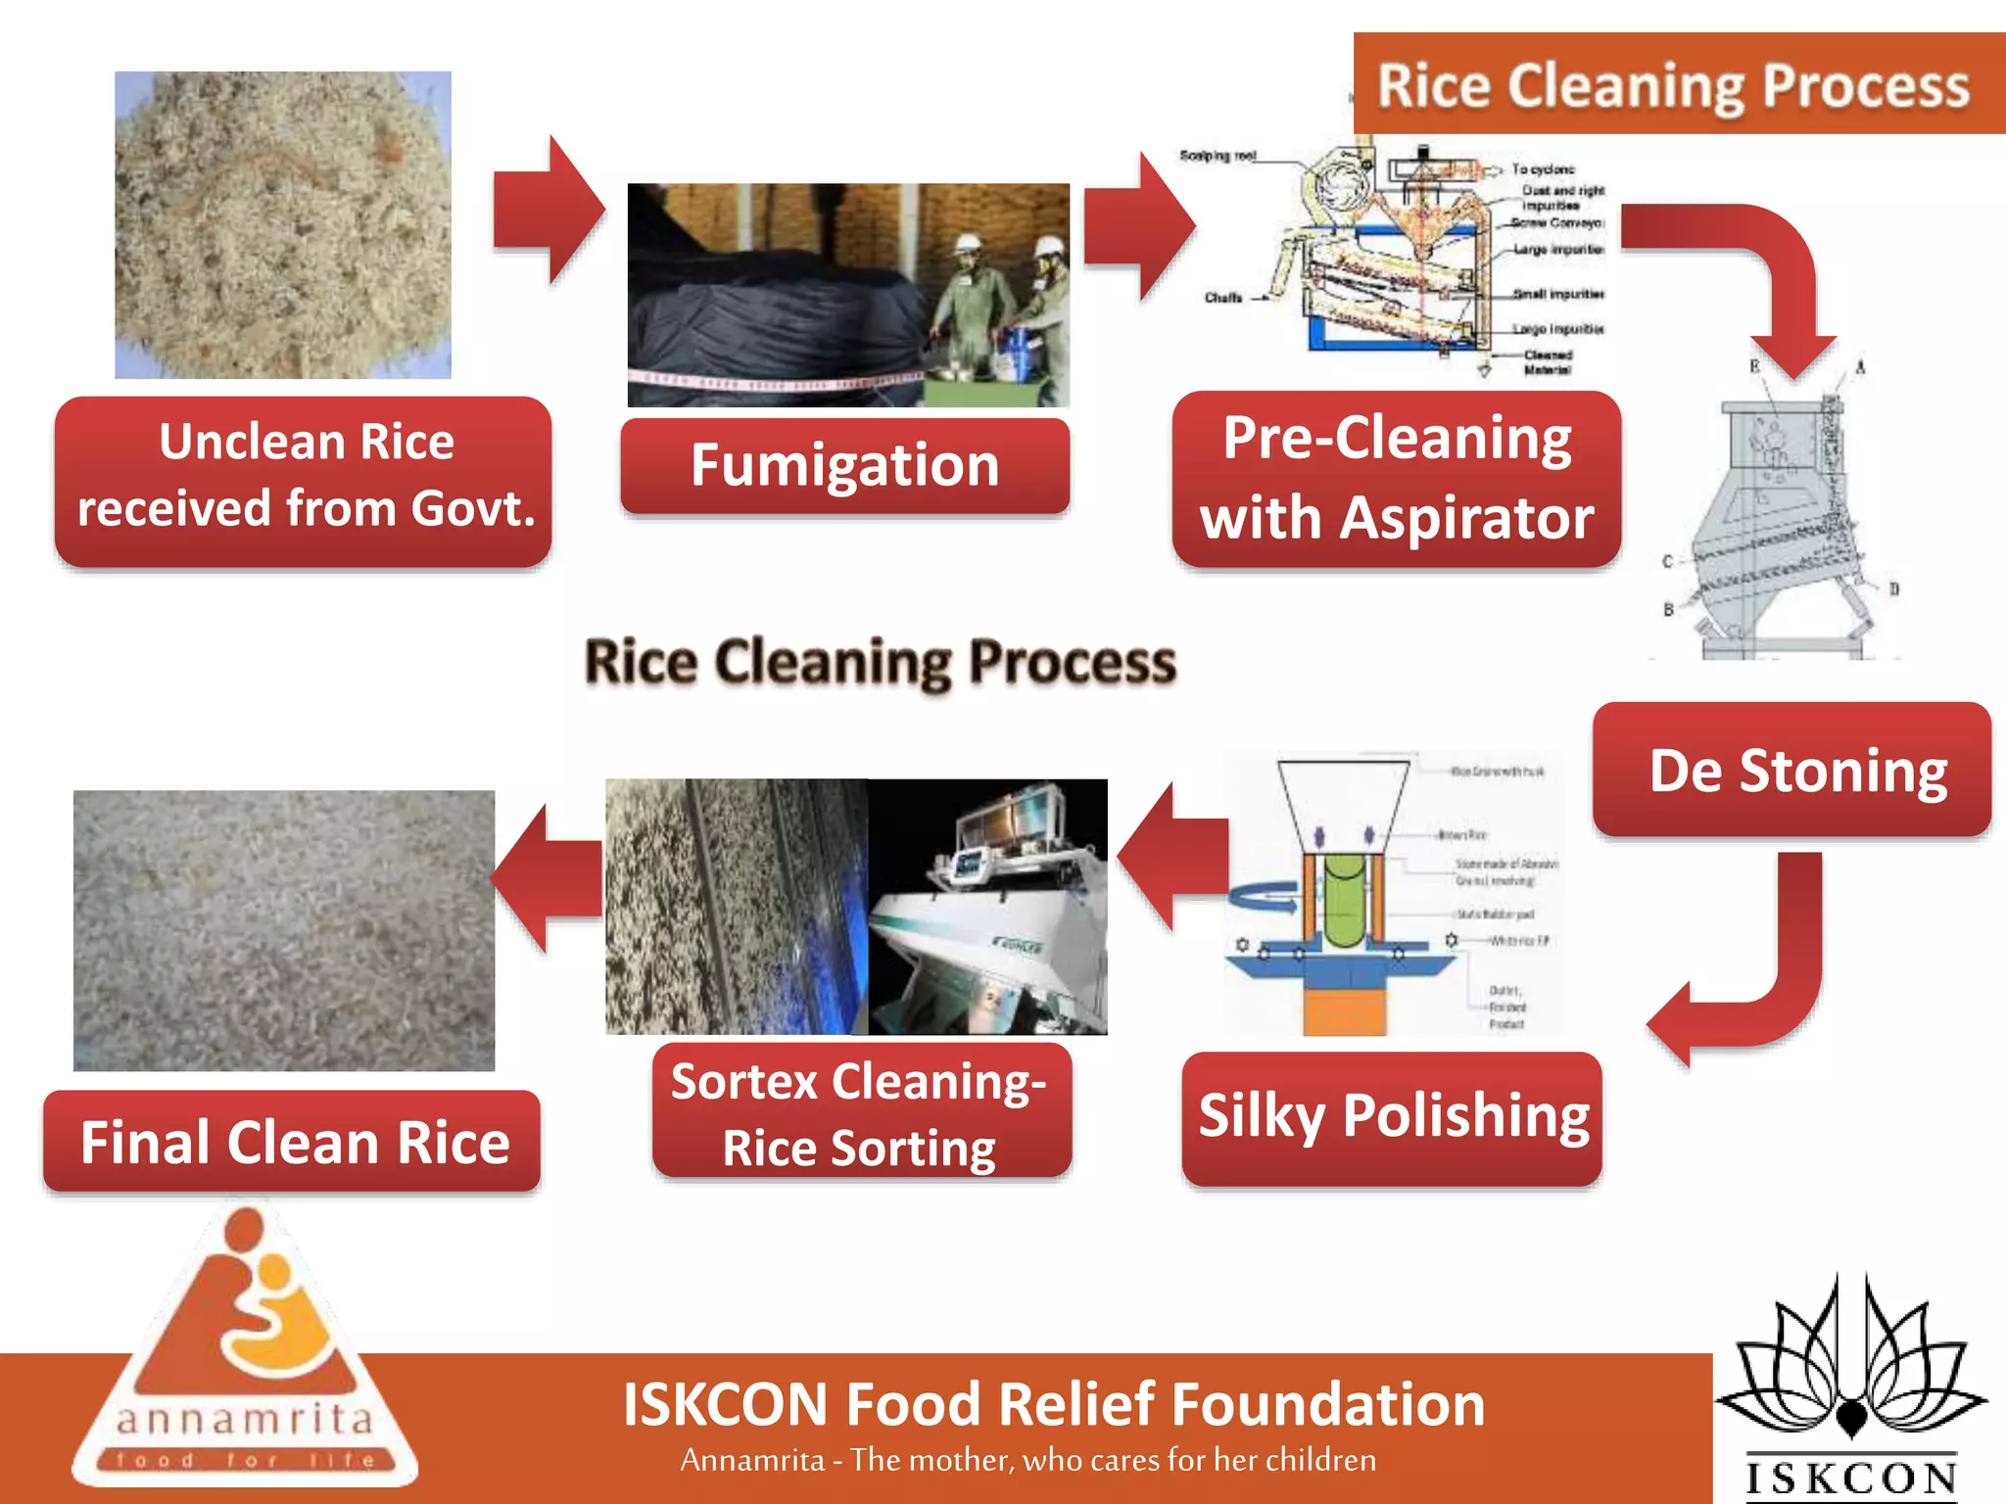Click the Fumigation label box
click(844, 465)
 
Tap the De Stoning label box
click(1791, 770)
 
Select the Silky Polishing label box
click(1392, 1117)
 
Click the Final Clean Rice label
click(293, 1142)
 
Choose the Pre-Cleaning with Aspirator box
click(1396, 478)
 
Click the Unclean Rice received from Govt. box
click(304, 479)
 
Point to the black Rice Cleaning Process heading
click(880, 663)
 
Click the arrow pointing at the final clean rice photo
click(549, 878)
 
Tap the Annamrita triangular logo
click(245, 1361)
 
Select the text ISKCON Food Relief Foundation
click(1054, 1404)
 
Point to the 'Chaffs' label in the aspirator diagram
click(1222, 298)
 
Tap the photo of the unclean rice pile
click(283, 224)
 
